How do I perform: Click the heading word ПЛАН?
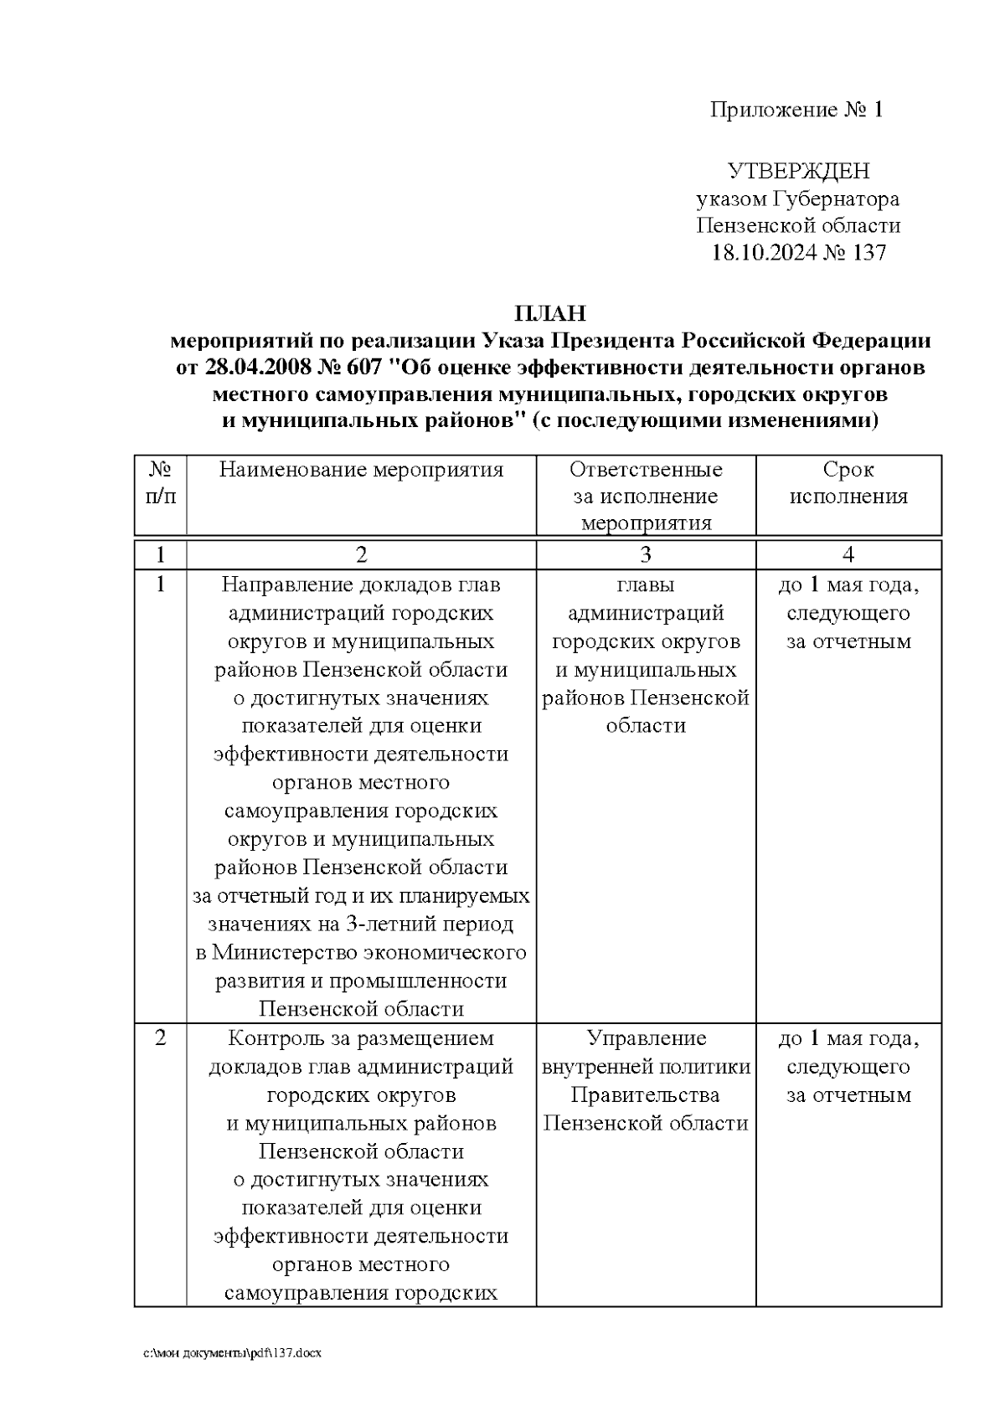(x=549, y=314)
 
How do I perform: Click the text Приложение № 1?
(x=796, y=110)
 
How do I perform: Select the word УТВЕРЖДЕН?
(x=798, y=172)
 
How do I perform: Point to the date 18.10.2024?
(x=764, y=253)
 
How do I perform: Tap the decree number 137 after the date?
(x=868, y=253)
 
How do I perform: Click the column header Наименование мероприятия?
(x=361, y=470)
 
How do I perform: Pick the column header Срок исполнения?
(x=848, y=483)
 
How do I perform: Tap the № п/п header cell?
(x=161, y=483)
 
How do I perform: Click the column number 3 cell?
(x=646, y=554)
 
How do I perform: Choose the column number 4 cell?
(x=848, y=554)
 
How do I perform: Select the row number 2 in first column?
(x=161, y=1038)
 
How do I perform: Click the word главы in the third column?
(x=646, y=584)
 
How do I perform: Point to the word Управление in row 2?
(x=646, y=1038)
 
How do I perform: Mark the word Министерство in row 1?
(x=285, y=953)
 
